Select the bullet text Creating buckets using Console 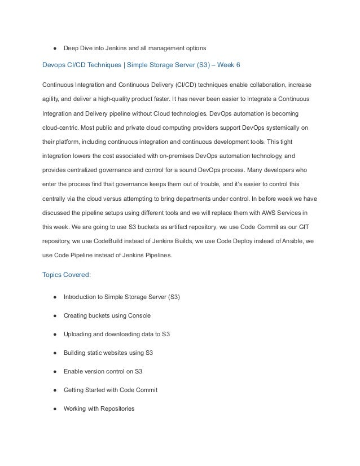[107, 315]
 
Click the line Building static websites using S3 [108, 352]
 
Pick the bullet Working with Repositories [99, 408]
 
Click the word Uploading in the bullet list [78, 333]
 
